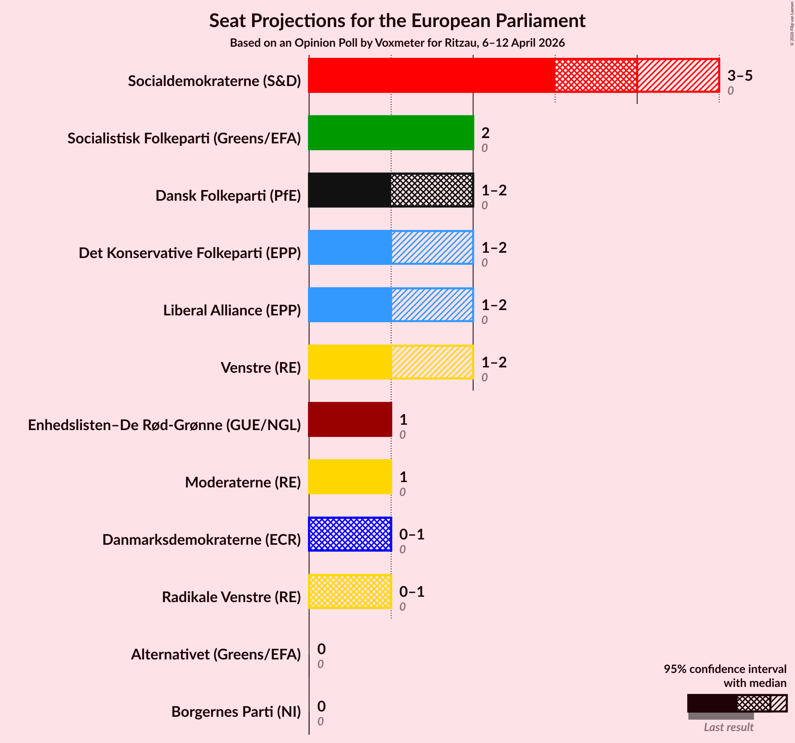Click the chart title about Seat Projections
pos(397,21)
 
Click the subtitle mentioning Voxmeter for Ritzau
pos(397,43)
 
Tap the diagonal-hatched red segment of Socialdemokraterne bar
pos(678,75)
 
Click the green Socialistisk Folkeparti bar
pos(391,133)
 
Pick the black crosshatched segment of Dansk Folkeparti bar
pos(432,190)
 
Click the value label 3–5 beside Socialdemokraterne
pos(740,76)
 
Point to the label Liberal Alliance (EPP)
pos(232,310)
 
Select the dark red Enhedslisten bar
pos(350,419)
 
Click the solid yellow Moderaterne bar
pos(350,477)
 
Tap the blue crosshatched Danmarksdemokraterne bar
pos(350,534)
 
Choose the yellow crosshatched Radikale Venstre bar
pos(350,591)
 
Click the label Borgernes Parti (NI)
pos(236,712)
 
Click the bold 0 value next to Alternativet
pos(321,649)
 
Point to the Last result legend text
pos(728,727)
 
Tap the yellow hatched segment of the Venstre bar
pos(432,362)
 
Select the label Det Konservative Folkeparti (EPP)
pos(189,253)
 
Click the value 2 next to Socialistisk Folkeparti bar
pos(485,133)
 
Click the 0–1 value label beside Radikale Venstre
pos(412,591)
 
